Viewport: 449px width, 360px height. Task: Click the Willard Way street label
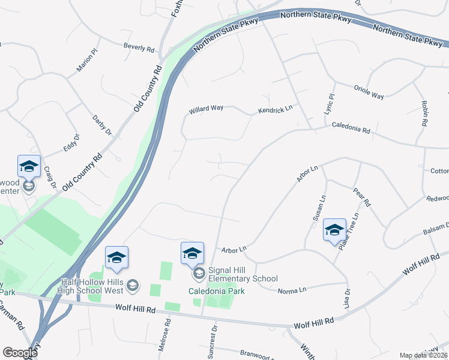(206, 109)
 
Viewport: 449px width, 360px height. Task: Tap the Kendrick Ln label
(275, 109)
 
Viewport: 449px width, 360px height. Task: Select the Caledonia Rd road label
(351, 128)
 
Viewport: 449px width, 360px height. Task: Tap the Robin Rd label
(424, 113)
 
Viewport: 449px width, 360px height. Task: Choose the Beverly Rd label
(139, 46)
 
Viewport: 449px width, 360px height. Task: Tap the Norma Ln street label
(292, 290)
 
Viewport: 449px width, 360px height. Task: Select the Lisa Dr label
(347, 299)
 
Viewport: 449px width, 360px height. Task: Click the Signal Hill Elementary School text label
(243, 274)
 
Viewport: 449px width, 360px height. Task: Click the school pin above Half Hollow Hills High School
(116, 259)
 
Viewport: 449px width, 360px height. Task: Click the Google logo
(20, 353)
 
